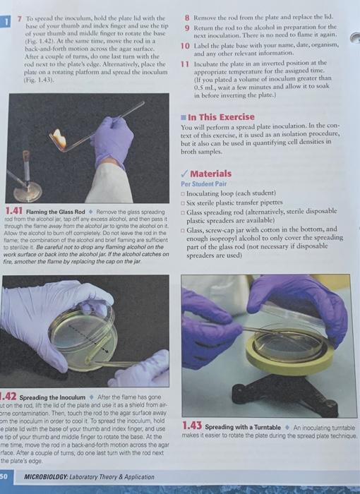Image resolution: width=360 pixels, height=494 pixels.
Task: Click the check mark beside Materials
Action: tap(184, 174)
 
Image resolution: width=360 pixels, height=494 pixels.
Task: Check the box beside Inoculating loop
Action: tap(183, 195)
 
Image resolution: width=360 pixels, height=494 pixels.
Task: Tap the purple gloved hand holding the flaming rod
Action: tap(113, 138)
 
